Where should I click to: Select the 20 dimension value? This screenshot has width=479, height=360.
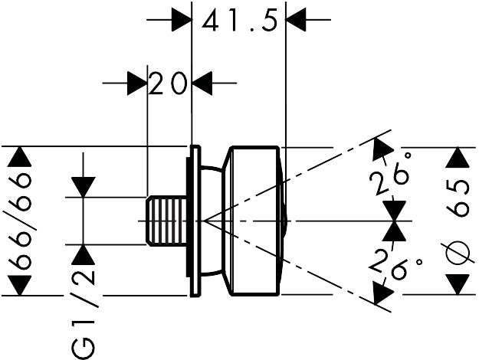point(169,83)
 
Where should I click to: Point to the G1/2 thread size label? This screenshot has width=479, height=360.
point(87,313)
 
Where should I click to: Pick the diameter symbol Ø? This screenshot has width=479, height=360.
point(459,250)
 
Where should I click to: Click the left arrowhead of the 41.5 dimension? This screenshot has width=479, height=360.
point(179,18)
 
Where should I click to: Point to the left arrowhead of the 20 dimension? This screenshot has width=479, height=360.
point(136,82)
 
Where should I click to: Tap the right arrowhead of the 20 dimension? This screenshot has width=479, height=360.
point(202,82)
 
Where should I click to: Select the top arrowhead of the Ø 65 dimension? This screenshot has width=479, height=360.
point(458,158)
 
